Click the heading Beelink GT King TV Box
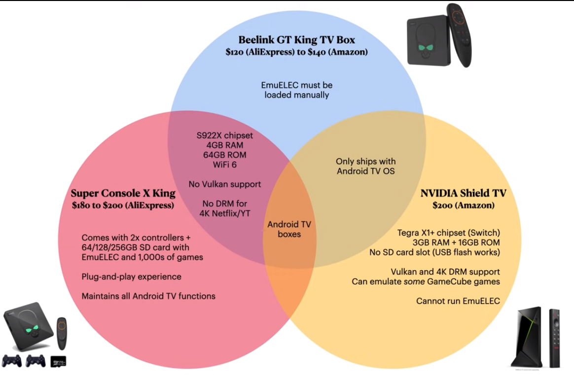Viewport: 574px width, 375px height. click(x=297, y=39)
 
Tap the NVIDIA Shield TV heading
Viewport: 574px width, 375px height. click(x=463, y=193)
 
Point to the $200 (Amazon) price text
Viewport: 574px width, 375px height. click(x=463, y=205)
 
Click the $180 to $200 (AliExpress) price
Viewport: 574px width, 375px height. click(x=123, y=205)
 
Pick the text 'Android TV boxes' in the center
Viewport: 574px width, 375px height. click(x=289, y=229)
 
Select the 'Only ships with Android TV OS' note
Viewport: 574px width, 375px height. click(x=365, y=166)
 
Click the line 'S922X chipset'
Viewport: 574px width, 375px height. click(x=217, y=136)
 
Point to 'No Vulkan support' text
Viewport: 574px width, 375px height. click(x=224, y=184)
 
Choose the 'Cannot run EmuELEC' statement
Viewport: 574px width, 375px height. click(x=459, y=301)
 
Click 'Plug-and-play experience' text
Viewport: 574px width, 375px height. click(x=131, y=276)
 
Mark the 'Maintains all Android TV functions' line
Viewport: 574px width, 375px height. click(x=148, y=296)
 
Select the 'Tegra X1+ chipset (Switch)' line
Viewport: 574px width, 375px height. click(x=449, y=233)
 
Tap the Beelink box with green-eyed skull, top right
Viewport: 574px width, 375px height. click(x=427, y=42)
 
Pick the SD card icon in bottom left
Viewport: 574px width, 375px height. click(x=58, y=361)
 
